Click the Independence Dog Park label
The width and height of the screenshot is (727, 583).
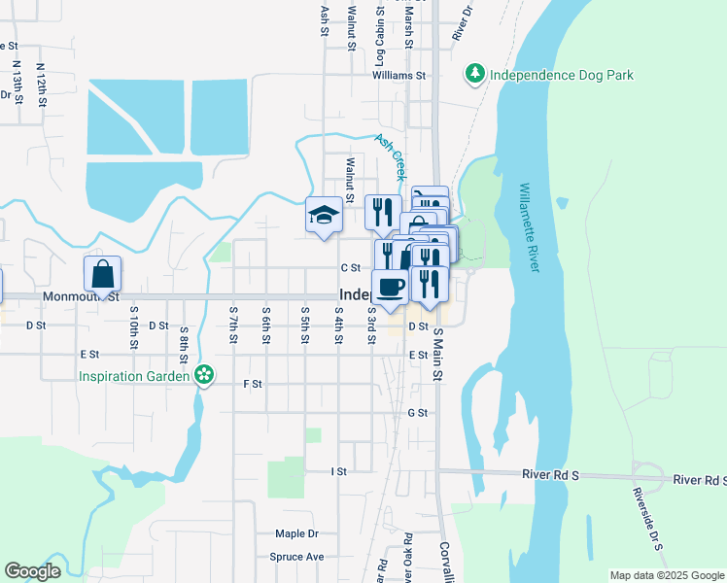tap(561, 74)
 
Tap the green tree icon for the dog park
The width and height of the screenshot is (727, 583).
tap(475, 74)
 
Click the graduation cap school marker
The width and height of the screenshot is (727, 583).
tap(324, 216)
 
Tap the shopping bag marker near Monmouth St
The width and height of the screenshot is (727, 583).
tap(102, 275)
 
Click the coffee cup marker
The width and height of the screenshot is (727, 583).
tap(390, 287)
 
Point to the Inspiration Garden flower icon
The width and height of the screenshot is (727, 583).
tap(203, 374)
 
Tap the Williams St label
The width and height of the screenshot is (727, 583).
tap(398, 75)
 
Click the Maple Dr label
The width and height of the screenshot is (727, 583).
tap(296, 533)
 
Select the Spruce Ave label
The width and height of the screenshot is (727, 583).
tap(296, 558)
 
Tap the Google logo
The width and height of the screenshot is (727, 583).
tap(32, 571)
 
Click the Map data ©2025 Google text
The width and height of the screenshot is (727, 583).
tap(667, 575)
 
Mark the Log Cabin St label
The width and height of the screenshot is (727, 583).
tap(380, 39)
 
